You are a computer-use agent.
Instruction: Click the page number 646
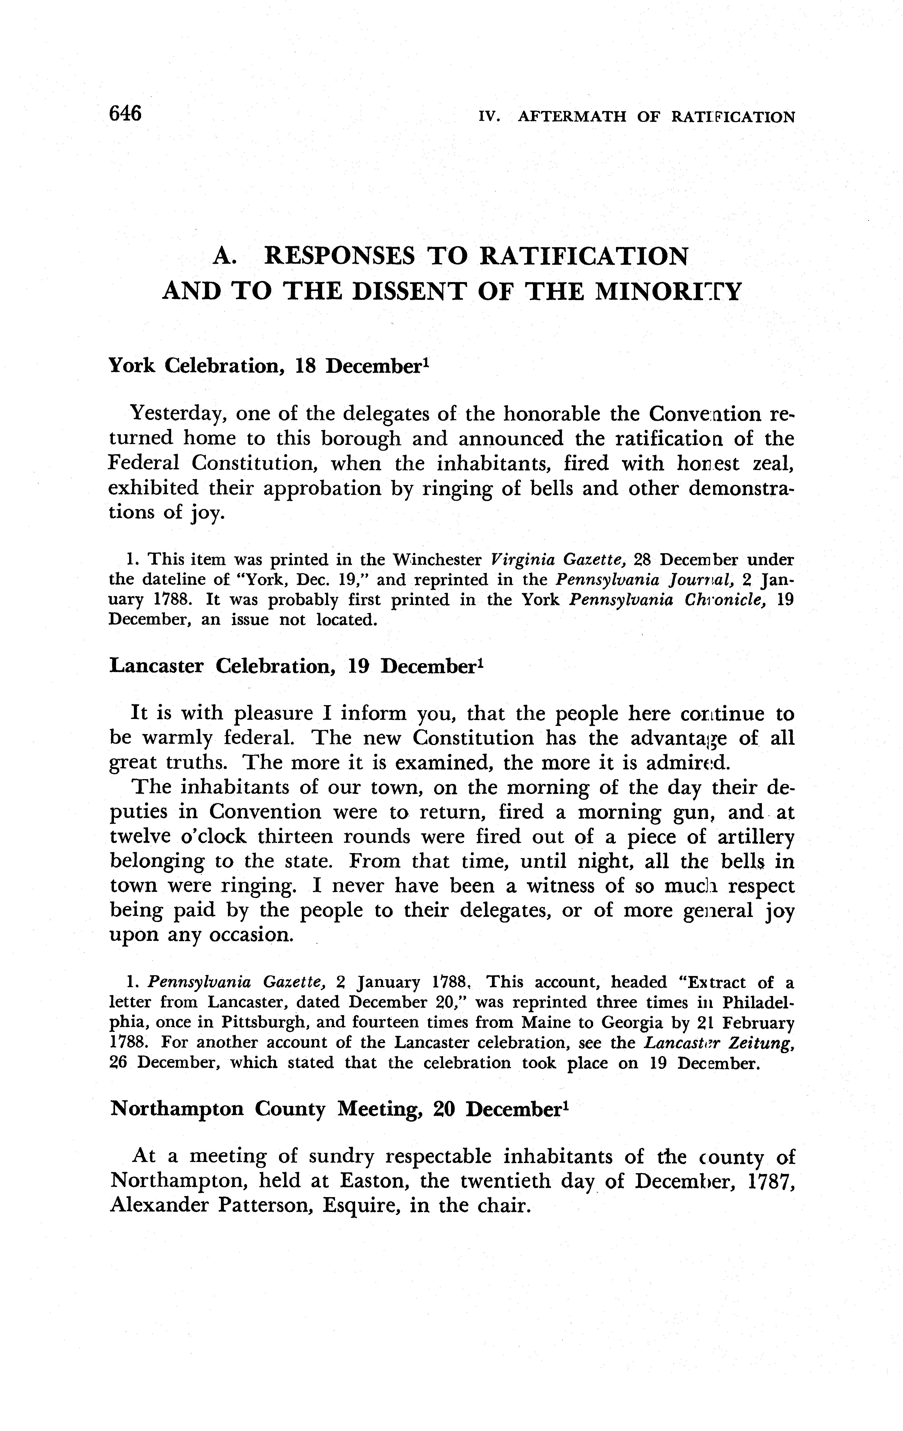[125, 112]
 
